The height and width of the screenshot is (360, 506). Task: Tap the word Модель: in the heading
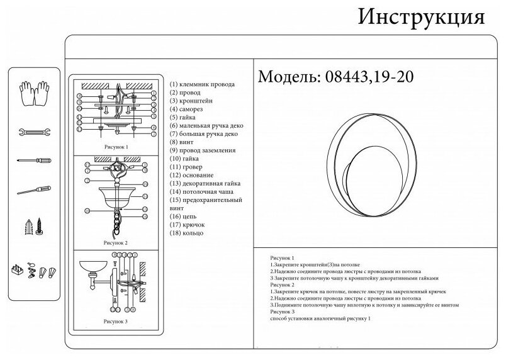[x=290, y=77]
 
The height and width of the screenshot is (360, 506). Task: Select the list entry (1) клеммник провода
[x=202, y=84]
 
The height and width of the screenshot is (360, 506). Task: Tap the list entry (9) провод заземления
[x=203, y=150]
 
